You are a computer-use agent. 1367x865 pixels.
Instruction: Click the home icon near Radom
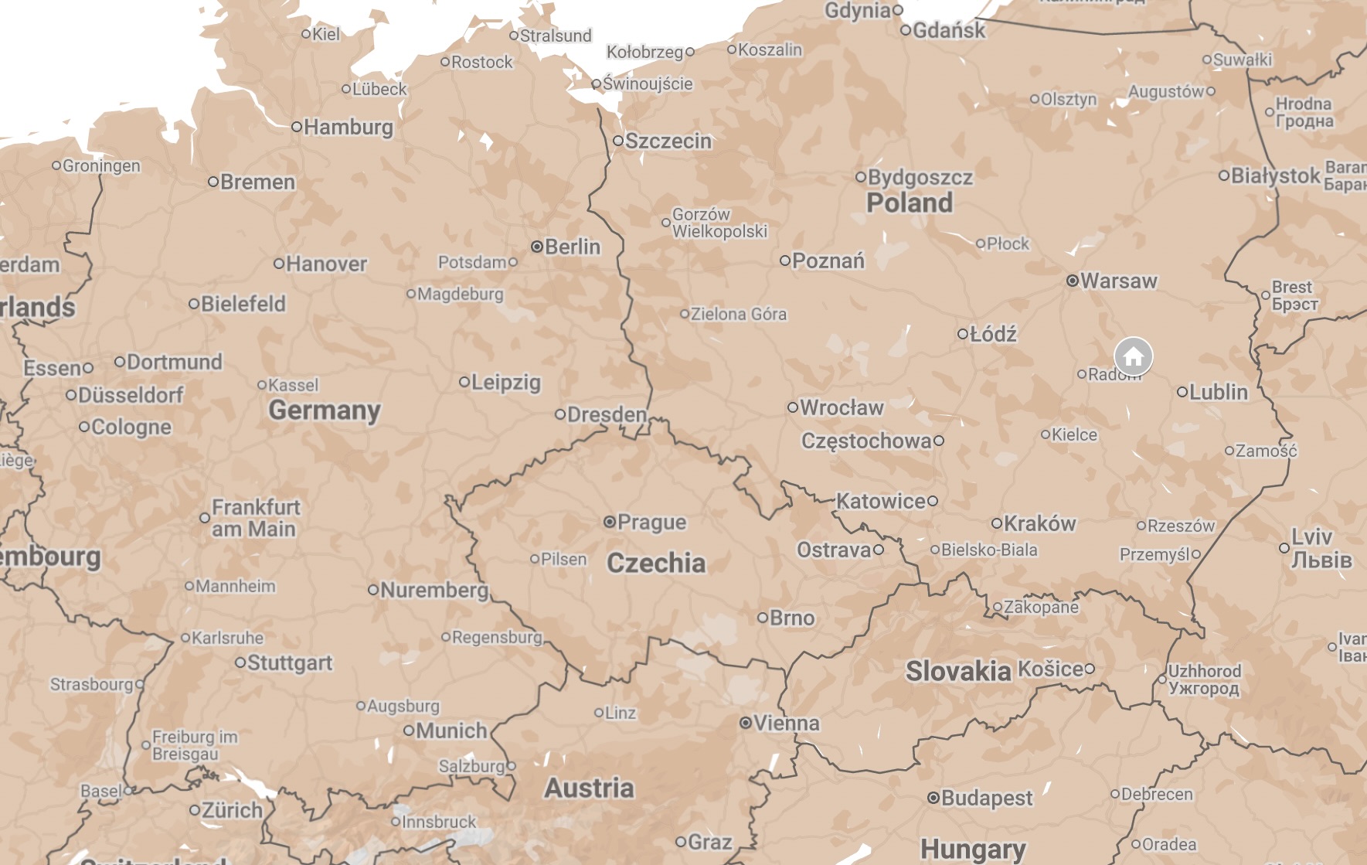(1133, 356)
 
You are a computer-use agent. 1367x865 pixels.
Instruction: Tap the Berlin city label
(572, 247)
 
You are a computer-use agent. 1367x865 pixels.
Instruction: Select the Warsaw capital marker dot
(1072, 281)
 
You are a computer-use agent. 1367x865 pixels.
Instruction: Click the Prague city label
(651, 523)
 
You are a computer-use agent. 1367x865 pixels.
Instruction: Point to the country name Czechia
(655, 563)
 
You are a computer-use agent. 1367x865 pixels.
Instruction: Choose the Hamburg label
(348, 127)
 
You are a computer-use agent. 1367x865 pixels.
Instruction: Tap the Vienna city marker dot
(745, 723)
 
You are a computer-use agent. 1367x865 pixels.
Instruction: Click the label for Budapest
(986, 798)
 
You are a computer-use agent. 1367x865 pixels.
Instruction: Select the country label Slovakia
(957, 671)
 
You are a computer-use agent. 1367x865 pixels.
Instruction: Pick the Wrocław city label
(841, 407)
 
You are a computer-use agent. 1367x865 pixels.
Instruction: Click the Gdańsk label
(948, 31)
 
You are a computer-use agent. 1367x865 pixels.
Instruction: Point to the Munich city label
(451, 730)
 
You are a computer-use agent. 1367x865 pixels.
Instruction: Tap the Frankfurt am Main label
(255, 518)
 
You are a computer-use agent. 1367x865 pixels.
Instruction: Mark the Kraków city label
(1039, 523)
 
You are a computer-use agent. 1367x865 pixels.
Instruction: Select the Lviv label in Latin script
(1311, 536)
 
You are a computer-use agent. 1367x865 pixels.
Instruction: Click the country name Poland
(909, 203)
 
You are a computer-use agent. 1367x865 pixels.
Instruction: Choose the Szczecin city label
(668, 141)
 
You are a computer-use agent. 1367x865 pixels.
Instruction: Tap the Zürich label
(232, 810)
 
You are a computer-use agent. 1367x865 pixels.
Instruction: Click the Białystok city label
(1274, 175)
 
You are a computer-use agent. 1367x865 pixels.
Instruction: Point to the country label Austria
(589, 788)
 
